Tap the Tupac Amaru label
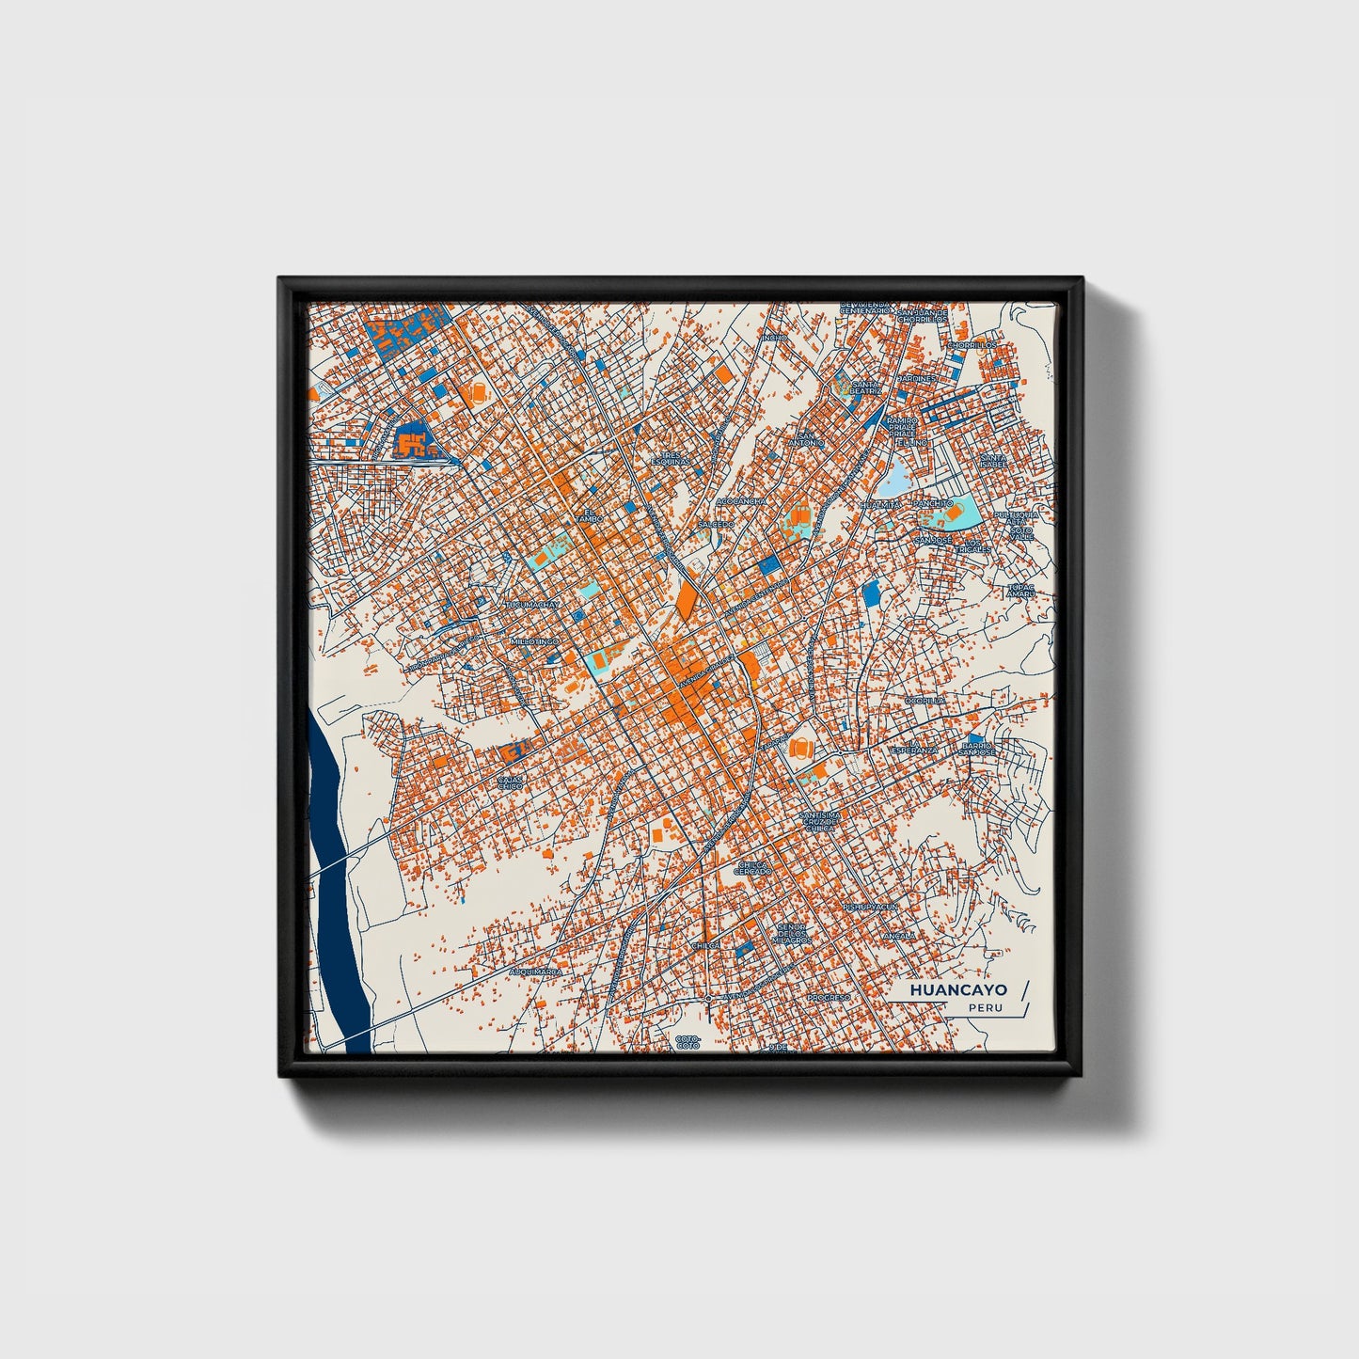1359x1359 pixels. click(1020, 591)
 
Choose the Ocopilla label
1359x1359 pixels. click(924, 701)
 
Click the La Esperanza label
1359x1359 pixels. click(914, 748)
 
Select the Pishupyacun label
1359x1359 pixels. click(870, 907)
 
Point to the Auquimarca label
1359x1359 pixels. click(534, 971)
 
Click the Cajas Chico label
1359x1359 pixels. click(510, 782)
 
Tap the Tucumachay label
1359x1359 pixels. click(533, 605)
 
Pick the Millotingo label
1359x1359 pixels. click(533, 641)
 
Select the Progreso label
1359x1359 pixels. click(829, 997)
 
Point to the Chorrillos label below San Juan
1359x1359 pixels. click(971, 345)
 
